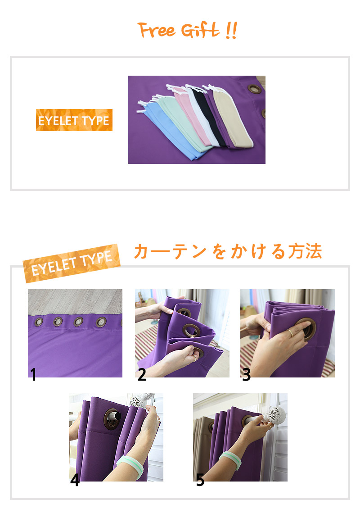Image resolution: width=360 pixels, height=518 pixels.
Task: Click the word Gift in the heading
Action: point(200,30)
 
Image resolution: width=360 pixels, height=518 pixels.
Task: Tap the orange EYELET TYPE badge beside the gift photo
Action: point(74,120)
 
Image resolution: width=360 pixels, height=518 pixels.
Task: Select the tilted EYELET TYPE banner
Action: point(72,264)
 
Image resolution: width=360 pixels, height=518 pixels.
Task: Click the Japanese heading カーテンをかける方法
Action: point(228,251)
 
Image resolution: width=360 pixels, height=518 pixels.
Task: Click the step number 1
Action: point(33,375)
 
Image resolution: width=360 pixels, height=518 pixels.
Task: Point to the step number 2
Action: point(142,375)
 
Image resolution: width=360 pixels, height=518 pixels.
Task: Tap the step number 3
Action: point(247,375)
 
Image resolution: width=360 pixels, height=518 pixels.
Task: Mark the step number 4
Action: point(75,480)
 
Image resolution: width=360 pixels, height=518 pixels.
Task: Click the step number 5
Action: point(200,480)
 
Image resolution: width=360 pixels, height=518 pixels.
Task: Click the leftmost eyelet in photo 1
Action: point(39,322)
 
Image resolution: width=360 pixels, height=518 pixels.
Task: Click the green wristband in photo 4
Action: point(130,465)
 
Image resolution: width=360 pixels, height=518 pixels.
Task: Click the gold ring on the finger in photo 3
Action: point(290,333)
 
